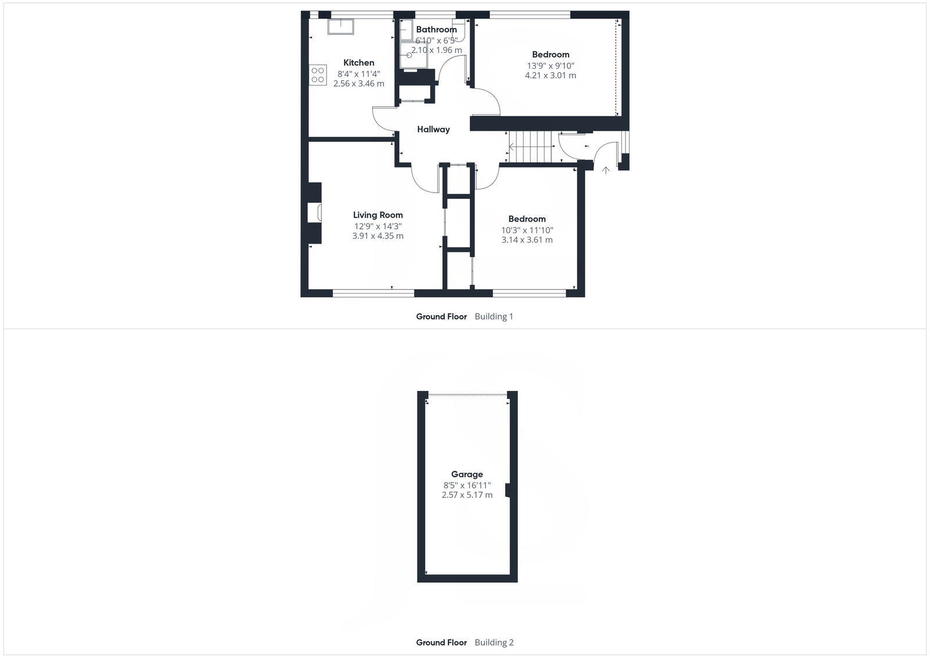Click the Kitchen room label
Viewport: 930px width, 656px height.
coord(359,63)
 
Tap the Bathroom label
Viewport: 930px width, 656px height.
coord(436,30)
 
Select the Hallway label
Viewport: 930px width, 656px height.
coord(433,130)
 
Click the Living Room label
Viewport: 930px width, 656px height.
coord(378,215)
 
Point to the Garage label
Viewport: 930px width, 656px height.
coord(467,475)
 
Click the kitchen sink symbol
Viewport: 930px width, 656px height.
coord(341,27)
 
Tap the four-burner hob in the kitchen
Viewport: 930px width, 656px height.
coord(318,75)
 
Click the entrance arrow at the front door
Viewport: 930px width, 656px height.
coord(606,170)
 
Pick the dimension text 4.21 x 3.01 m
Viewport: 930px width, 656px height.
coord(550,76)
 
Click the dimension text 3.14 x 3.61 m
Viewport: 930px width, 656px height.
coord(527,240)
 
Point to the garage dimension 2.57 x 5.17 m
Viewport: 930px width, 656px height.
coord(467,495)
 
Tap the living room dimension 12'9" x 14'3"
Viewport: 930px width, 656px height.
coord(378,226)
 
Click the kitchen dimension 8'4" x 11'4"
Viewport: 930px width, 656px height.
coord(359,74)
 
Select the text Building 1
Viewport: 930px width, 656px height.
coord(493,317)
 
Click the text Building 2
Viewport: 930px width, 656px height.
coord(494,643)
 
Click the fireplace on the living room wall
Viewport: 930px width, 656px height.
coord(314,213)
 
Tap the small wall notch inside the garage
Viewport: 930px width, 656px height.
coord(508,491)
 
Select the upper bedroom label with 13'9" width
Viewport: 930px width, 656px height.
coord(550,55)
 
